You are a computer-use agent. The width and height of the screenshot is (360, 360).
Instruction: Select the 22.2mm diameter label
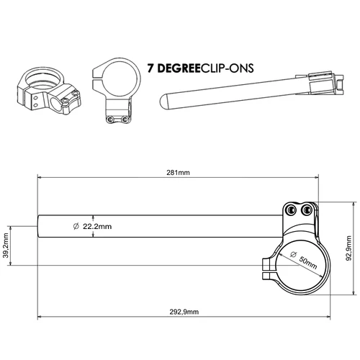[97, 226]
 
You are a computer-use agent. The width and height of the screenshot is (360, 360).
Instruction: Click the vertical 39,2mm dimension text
[6, 245]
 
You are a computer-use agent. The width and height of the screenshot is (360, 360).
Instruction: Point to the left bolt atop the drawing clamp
[292, 210]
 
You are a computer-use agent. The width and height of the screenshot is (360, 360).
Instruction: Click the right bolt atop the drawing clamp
[308, 210]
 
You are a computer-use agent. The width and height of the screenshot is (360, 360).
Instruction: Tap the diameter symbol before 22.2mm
[76, 226]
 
